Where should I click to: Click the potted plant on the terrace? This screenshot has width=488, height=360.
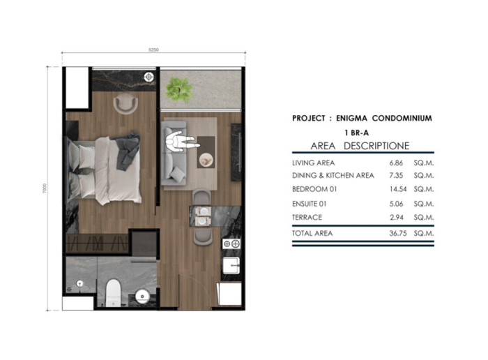(179, 89)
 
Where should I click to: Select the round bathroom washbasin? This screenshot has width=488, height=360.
(142, 295)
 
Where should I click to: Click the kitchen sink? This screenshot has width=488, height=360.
(231, 265)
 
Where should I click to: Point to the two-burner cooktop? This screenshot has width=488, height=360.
(231, 244)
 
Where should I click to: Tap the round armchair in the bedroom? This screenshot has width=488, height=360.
(125, 103)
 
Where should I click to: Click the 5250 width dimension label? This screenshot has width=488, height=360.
(153, 50)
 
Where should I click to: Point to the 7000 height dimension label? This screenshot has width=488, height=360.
(45, 188)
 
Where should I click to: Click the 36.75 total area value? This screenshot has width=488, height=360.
(398, 233)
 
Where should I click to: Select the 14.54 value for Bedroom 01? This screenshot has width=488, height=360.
(398, 189)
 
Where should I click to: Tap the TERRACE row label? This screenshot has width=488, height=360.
(307, 218)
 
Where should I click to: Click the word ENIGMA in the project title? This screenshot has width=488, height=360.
(351, 119)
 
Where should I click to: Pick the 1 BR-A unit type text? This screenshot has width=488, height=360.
(357, 133)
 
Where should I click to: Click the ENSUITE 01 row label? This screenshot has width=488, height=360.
(309, 204)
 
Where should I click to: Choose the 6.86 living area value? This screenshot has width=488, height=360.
(396, 163)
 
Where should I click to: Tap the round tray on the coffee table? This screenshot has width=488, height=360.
(206, 160)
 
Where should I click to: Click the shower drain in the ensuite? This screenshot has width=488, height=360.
(80, 284)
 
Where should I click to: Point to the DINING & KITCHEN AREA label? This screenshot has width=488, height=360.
(333, 176)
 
